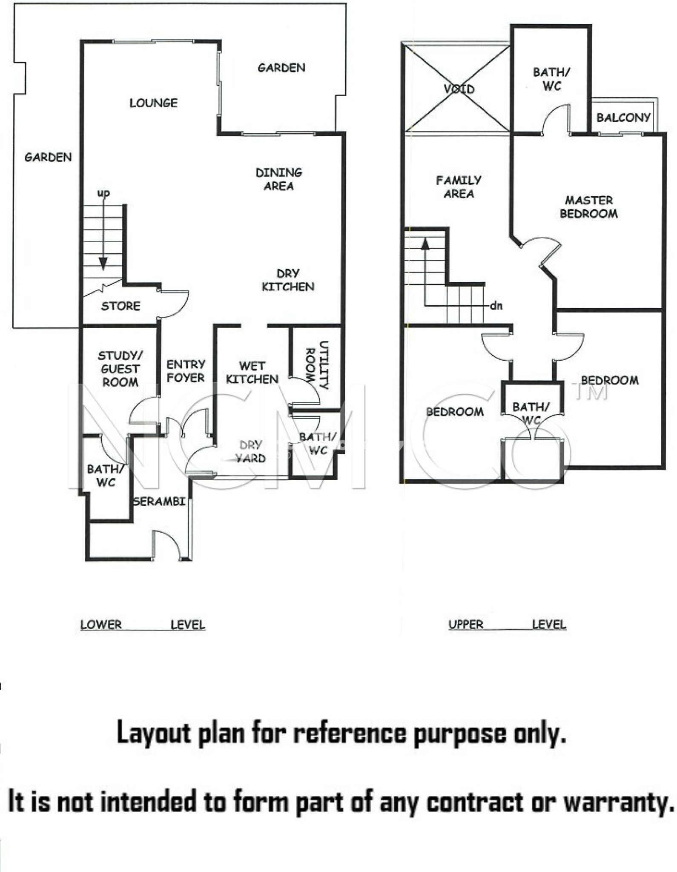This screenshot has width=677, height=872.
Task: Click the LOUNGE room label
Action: pos(153,103)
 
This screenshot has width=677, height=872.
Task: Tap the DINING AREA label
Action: pos(279,179)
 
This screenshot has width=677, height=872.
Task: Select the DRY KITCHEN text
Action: pos(288,280)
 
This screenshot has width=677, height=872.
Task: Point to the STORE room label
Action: pos(120,306)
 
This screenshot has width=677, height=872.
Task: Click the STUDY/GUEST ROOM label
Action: pos(120,369)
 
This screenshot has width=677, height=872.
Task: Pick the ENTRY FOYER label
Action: pos(186,371)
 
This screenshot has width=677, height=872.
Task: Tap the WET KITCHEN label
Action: pos(252,373)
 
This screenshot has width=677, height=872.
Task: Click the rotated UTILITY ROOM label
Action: pos(317,365)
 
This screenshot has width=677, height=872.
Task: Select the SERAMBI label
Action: pos(159,502)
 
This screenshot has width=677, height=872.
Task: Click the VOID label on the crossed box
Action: pos(459,89)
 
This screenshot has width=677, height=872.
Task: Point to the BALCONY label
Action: pos(623,118)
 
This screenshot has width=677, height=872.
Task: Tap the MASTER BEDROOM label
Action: pos(589,207)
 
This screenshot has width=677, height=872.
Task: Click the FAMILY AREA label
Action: pos(459,187)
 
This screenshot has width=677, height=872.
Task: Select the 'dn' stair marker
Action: pos(496,306)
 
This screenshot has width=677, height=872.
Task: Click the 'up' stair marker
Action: pos(103,194)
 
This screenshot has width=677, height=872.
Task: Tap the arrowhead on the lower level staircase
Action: pos(103,264)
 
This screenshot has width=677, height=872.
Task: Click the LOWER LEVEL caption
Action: pos(143,625)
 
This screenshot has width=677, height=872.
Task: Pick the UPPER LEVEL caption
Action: pos(508,625)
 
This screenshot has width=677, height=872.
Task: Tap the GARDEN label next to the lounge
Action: pos(281,68)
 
